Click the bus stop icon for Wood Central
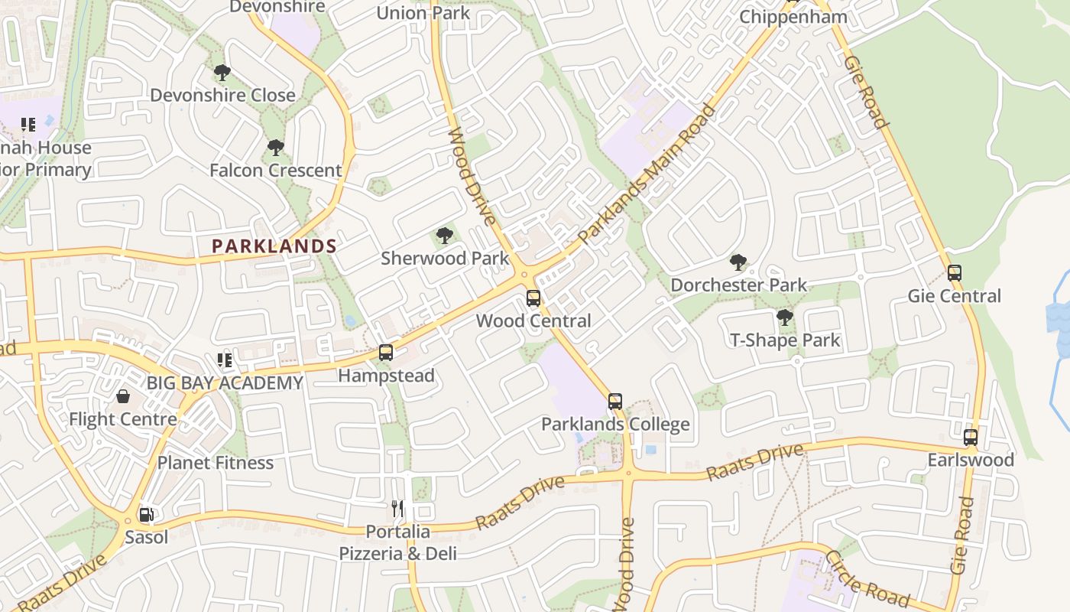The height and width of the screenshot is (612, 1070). (x=533, y=298)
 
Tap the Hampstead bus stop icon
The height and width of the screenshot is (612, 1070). (x=386, y=353)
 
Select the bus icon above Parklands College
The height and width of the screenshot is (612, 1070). (x=615, y=401)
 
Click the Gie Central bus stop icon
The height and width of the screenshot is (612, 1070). (x=954, y=273)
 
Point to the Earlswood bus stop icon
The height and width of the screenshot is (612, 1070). (x=971, y=438)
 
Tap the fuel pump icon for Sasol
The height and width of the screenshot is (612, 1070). (x=145, y=515)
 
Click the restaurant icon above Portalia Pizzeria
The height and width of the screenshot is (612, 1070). (x=397, y=509)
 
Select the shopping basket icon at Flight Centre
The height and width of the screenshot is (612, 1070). (x=122, y=396)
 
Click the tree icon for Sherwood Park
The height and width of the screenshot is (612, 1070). (x=444, y=236)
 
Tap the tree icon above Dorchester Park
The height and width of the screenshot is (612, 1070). (x=738, y=262)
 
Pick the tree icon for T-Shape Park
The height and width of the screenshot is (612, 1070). (x=784, y=317)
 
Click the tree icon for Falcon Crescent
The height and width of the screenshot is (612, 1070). (x=275, y=148)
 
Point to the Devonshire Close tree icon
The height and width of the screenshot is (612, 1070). (x=222, y=73)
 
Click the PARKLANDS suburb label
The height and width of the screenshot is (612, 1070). (x=274, y=246)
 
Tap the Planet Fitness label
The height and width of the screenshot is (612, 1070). (x=216, y=463)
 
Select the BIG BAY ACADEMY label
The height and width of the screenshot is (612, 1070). (x=225, y=382)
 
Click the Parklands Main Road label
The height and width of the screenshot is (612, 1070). (x=647, y=174)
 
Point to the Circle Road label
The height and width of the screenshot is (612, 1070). (x=867, y=578)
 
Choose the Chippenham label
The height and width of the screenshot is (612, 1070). (x=793, y=17)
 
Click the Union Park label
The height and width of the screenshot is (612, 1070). (x=423, y=13)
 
